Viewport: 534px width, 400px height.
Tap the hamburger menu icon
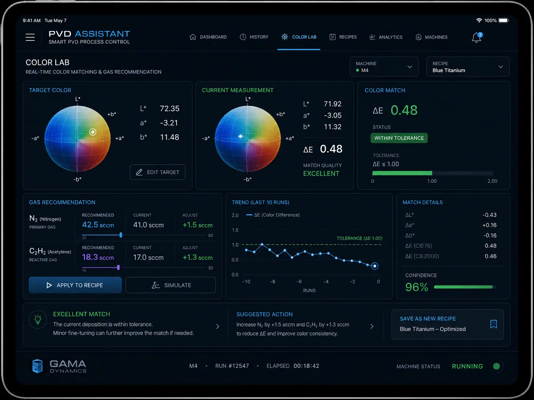pyautogui.click(x=30, y=38)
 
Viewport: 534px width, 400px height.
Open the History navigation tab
pyautogui.click(x=254, y=37)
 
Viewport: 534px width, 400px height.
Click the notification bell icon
pyautogui.click(x=476, y=38)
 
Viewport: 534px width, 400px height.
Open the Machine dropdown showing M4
pyautogui.click(x=384, y=67)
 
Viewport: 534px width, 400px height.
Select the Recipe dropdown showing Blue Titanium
pyautogui.click(x=468, y=67)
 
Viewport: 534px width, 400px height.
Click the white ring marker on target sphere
pyautogui.click(x=93, y=132)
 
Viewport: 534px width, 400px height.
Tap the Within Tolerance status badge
pyautogui.click(x=399, y=138)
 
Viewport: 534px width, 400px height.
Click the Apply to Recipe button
pyautogui.click(x=75, y=285)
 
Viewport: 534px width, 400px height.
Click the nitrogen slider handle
pyautogui.click(x=121, y=235)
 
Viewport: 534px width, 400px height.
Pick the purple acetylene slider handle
pyautogui.click(x=118, y=267)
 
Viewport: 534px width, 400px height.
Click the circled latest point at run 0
pyautogui.click(x=375, y=266)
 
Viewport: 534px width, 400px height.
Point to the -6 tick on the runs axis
pyautogui.click(x=299, y=281)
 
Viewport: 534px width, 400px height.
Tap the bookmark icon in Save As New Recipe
pyautogui.click(x=493, y=324)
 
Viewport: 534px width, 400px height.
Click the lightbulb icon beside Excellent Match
pyautogui.click(x=38, y=319)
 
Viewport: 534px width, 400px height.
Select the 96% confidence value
pyautogui.click(x=416, y=287)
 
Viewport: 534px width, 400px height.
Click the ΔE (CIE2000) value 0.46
pyautogui.click(x=490, y=256)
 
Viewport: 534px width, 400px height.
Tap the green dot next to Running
pyautogui.click(x=496, y=366)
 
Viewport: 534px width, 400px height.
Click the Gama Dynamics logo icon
pyautogui.click(x=38, y=366)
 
